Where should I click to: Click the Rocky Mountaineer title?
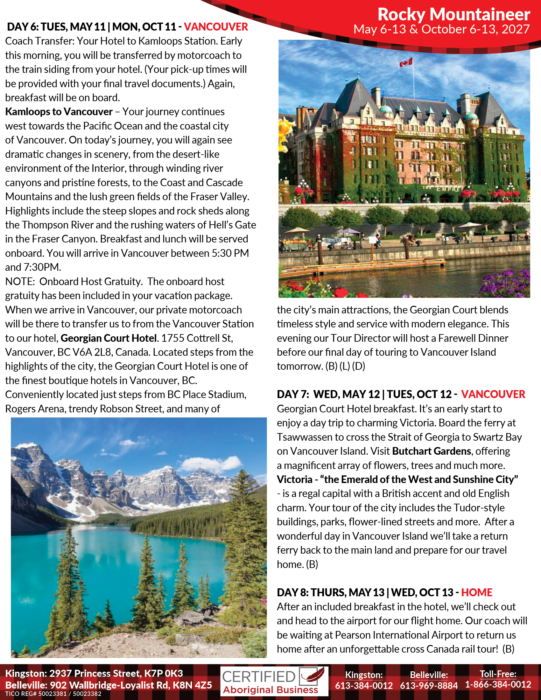click(x=453, y=14)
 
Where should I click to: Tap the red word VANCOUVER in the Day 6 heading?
click(x=216, y=27)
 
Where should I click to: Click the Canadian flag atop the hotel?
click(x=406, y=62)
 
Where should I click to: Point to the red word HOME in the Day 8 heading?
click(x=477, y=592)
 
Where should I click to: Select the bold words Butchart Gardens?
click(x=432, y=451)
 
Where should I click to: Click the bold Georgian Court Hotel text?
click(x=109, y=338)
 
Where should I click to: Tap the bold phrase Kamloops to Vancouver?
click(x=59, y=112)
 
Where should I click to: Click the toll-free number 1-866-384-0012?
click(x=498, y=684)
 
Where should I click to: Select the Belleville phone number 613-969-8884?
click(x=429, y=685)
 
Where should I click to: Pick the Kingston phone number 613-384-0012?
click(x=364, y=685)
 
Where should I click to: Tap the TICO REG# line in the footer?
click(x=53, y=694)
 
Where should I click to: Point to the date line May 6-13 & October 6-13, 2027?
click(x=441, y=30)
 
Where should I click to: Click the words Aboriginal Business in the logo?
click(x=270, y=690)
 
